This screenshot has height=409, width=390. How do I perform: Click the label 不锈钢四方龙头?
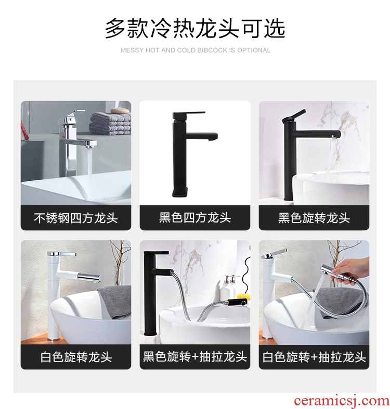76,218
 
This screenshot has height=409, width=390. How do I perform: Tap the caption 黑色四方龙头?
195,218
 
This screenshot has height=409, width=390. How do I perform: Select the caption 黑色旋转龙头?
314,218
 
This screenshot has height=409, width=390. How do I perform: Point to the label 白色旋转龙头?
76,357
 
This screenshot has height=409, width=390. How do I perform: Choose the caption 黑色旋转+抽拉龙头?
195,357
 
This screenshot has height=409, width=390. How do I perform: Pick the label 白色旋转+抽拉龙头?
314,357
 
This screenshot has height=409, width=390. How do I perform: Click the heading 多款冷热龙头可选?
195,29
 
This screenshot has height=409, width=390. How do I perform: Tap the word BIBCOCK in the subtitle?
213,50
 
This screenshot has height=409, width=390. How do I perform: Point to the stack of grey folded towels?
110,123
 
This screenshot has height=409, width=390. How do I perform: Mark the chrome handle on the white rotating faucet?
62,254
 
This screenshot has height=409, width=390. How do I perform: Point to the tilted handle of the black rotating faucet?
294,116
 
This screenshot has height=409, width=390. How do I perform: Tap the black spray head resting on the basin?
238,302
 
